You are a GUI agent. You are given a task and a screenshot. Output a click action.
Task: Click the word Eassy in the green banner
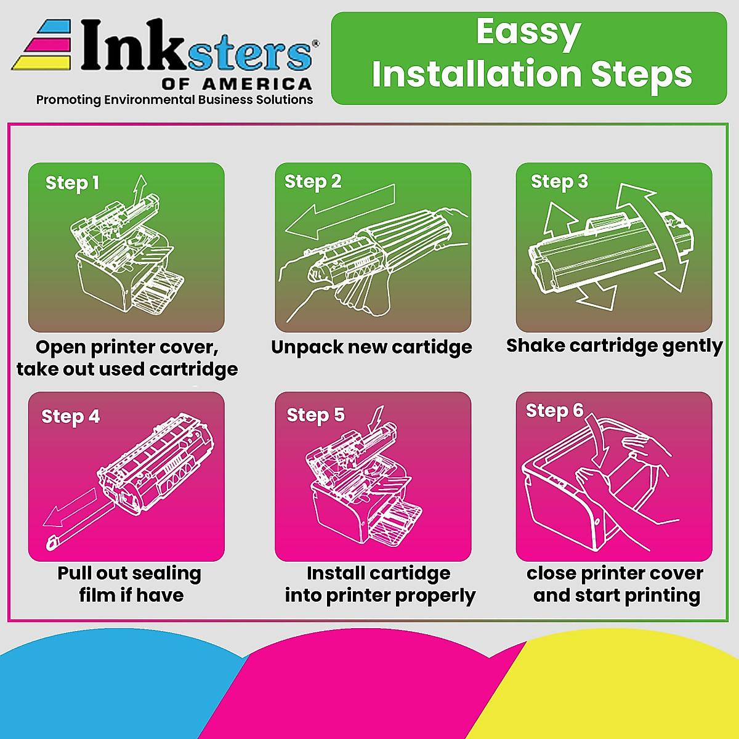click(528, 33)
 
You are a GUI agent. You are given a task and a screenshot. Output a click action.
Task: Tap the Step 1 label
click(72, 184)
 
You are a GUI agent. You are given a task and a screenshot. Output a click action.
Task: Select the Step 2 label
click(313, 182)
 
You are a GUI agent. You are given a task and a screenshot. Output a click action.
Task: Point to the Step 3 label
click(559, 182)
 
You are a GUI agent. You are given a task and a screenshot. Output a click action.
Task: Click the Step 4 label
click(70, 417)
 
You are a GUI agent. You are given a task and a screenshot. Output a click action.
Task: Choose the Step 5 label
click(316, 416)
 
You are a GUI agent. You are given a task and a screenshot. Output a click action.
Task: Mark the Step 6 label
click(554, 411)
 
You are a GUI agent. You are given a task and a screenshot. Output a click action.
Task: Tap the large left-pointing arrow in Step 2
click(340, 212)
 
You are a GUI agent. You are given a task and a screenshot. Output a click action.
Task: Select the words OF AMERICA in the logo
click(236, 84)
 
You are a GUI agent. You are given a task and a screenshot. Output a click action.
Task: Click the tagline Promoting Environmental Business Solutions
click(174, 100)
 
